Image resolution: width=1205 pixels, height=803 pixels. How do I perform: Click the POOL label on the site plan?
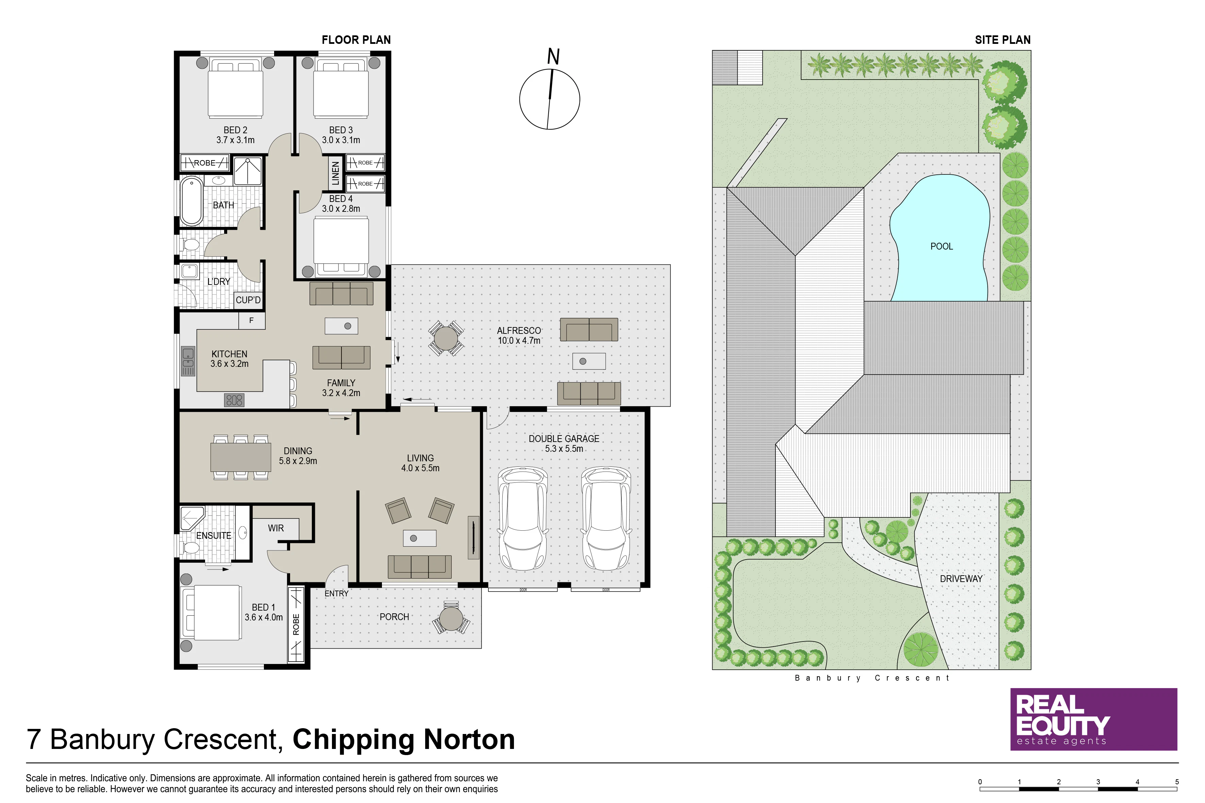pyautogui.click(x=941, y=246)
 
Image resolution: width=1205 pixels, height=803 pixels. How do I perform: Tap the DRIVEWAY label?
pyautogui.click(x=960, y=579)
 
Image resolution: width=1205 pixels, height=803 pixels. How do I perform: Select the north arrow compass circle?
pyautogui.click(x=549, y=99)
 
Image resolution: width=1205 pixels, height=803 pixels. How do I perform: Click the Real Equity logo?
pyautogui.click(x=1093, y=719)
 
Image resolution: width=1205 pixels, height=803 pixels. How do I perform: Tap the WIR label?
pyautogui.click(x=275, y=528)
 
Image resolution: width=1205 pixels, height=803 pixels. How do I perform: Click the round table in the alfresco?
pyautogui.click(x=446, y=338)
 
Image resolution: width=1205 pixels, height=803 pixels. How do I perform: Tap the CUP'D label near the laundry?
pyautogui.click(x=248, y=300)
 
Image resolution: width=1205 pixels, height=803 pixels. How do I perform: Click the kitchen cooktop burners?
pyautogui.click(x=234, y=400)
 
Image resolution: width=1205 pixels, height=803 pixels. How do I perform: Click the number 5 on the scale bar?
pyautogui.click(x=1177, y=782)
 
